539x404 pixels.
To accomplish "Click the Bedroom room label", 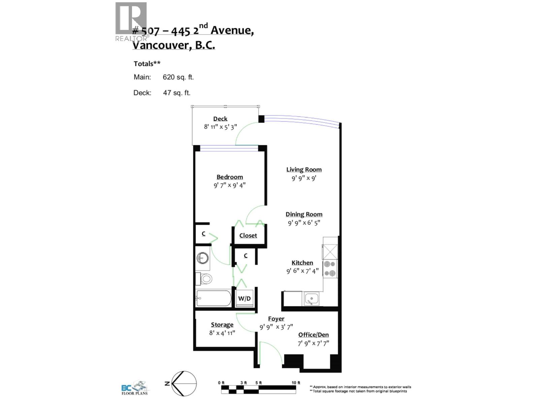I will tap(229, 177).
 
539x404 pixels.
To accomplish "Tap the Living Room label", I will tap(304, 170).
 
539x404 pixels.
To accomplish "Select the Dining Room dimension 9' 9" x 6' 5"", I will tap(304, 223).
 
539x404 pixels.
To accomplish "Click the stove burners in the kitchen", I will tap(330, 269).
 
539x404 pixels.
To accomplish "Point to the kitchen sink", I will tap(312, 299).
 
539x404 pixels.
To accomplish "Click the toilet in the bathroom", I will tap(204, 279).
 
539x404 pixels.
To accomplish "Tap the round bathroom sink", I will tap(202, 259).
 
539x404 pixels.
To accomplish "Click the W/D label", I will tap(245, 299).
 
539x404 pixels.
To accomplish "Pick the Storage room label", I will tap(222, 325).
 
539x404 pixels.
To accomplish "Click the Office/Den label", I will tap(313, 335).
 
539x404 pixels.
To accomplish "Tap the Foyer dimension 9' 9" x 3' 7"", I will tap(276, 327).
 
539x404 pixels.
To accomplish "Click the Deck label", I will tap(220, 119).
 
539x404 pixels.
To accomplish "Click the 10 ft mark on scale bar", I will tap(296, 383).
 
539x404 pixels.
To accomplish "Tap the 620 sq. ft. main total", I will tap(178, 77).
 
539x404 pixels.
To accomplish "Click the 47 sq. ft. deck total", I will tap(177, 93).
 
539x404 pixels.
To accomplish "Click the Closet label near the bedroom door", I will tap(248, 235).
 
